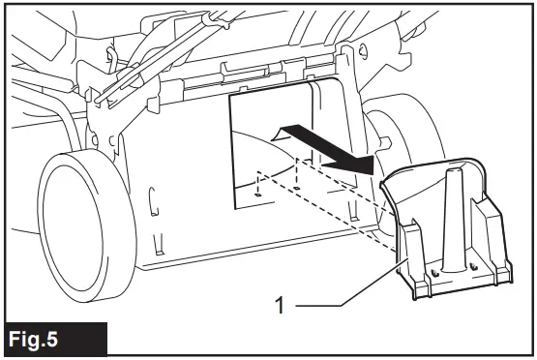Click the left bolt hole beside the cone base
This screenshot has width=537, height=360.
433,272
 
